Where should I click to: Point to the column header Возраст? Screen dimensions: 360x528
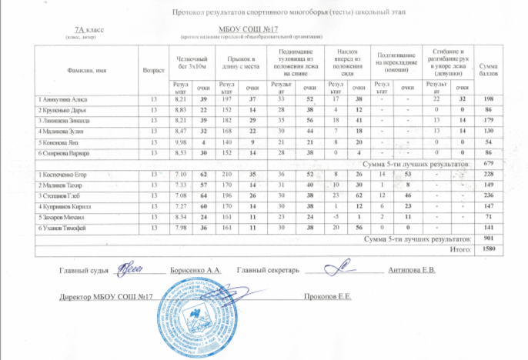coord(144,70)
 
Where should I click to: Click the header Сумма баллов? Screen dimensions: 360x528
coord(488,70)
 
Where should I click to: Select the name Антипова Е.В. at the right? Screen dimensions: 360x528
coord(413,271)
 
